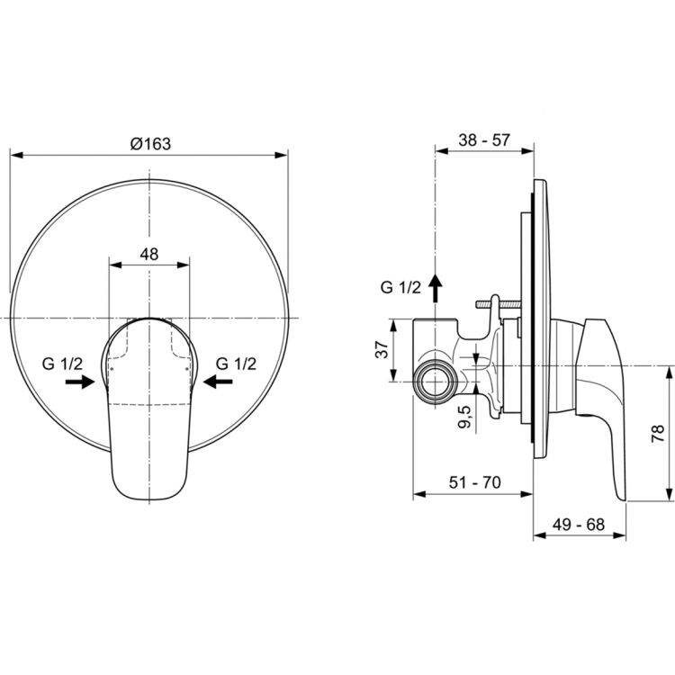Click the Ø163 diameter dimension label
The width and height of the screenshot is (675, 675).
149,143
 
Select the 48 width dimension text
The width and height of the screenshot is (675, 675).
149,254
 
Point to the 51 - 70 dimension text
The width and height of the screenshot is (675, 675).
472,482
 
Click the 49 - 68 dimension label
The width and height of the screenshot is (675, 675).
580,523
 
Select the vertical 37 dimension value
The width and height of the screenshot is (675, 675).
382,350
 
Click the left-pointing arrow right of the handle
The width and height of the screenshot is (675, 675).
218,382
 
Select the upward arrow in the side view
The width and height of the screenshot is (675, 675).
435,287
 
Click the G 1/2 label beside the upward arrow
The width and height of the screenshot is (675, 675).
400,288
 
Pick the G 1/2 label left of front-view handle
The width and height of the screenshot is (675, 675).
63,364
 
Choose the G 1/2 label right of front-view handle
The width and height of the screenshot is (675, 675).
236,364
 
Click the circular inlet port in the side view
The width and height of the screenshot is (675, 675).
436,382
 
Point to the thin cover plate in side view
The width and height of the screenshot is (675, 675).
537,319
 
